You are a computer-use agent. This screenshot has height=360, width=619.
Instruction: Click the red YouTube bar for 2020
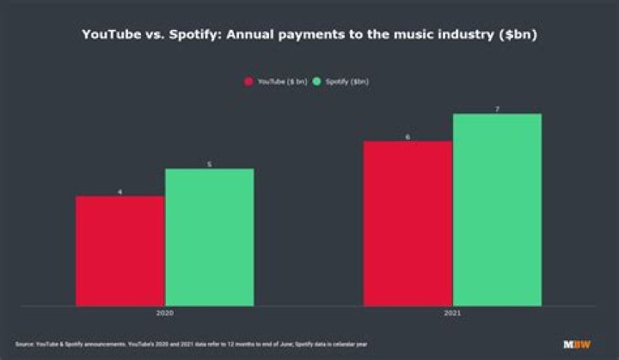[120, 250]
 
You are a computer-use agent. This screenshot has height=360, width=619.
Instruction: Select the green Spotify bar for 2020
[209, 236]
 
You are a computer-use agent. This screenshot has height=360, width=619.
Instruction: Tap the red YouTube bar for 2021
[408, 223]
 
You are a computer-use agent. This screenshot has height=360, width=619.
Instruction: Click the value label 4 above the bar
[120, 191]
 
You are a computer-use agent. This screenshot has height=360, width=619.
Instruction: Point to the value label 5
[209, 163]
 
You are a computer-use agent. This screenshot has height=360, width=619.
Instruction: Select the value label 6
[408, 136]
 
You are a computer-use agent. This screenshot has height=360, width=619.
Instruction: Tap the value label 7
[497, 108]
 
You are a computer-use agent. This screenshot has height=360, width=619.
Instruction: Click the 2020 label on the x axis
[164, 314]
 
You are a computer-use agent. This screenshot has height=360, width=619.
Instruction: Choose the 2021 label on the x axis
[452, 314]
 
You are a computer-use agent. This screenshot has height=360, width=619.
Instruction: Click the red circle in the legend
[249, 82]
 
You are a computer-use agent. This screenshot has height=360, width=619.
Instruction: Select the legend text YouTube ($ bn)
[282, 82]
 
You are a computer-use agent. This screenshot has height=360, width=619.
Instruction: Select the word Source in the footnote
[23, 344]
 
